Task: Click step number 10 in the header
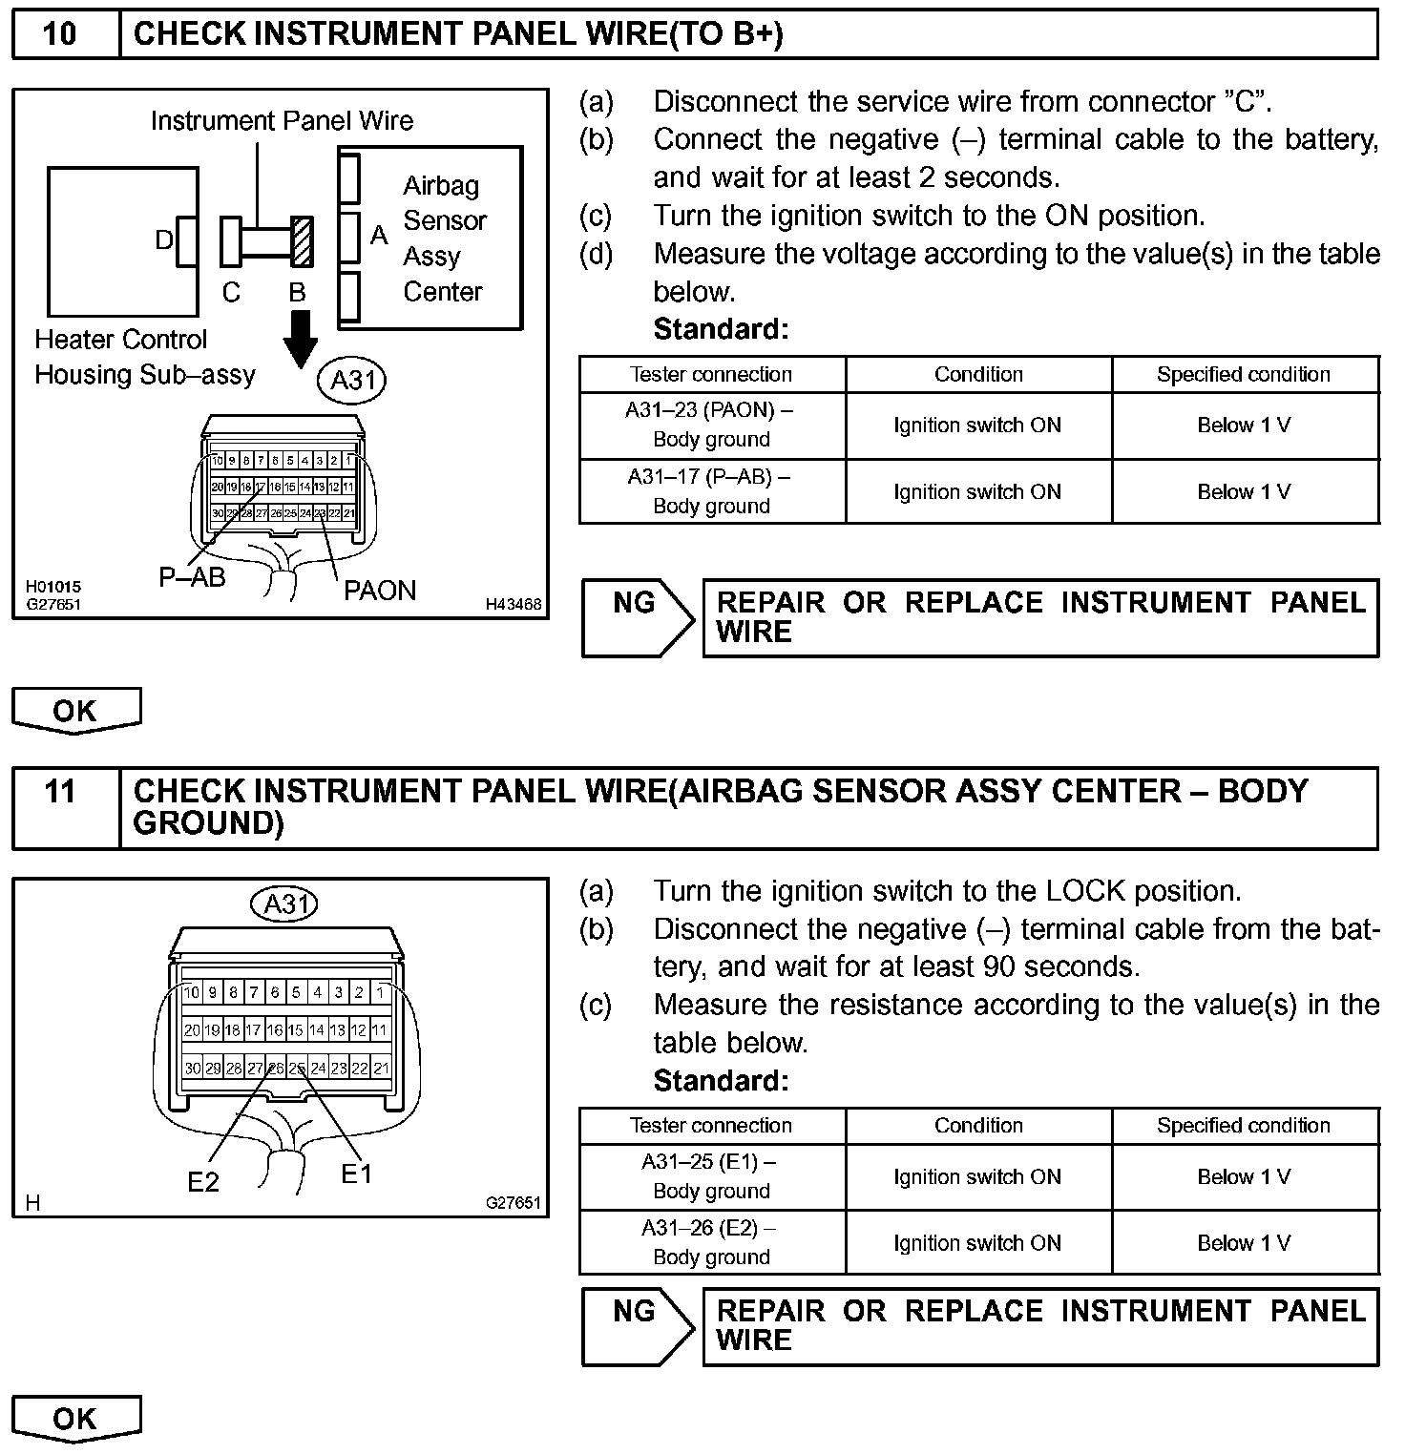coord(59,34)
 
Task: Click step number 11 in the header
coord(59,792)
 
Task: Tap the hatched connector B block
coord(302,240)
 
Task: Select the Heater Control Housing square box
coord(122,241)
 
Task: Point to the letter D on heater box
coord(164,240)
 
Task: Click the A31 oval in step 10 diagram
coord(351,381)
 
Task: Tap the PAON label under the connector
coord(380,591)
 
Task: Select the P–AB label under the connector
coord(192,577)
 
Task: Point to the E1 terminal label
coord(356,1174)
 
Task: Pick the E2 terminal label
coord(203,1182)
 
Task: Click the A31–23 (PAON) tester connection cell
coord(711,425)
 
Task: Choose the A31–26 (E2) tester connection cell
coord(711,1242)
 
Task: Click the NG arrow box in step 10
coord(637,617)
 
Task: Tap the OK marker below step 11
coord(75,1419)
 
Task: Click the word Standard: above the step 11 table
coord(722,1081)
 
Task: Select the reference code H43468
coord(513,604)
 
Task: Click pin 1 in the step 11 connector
coord(380,992)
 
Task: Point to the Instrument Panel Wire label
coord(282,121)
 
